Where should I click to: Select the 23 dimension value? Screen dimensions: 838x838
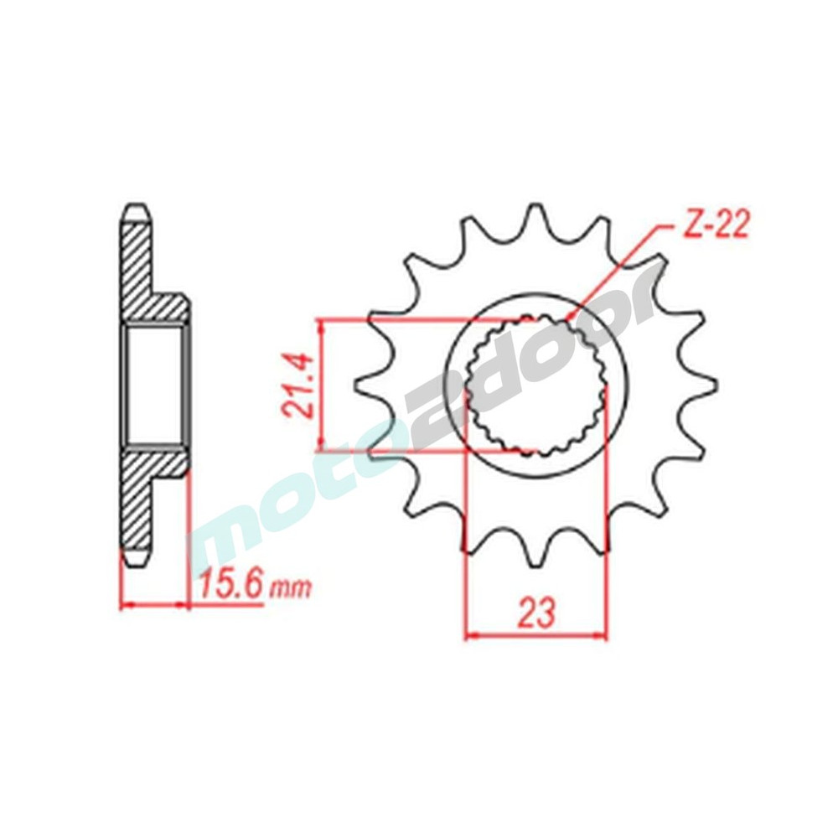point(536,613)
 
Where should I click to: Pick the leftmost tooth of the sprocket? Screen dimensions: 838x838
point(369,385)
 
